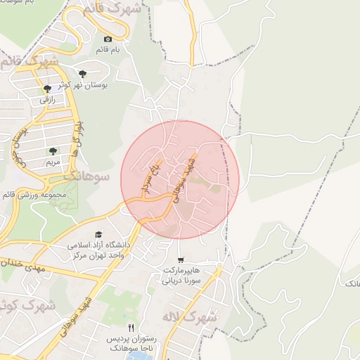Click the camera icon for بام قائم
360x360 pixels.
tap(108, 39)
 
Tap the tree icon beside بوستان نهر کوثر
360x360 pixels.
tap(83, 73)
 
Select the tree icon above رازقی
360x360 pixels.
tap(47, 89)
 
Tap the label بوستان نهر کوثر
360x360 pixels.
tap(83, 84)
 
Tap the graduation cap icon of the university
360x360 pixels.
tap(98, 235)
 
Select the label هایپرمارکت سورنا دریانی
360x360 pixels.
tap(181, 274)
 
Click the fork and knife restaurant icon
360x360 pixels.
tap(131, 328)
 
